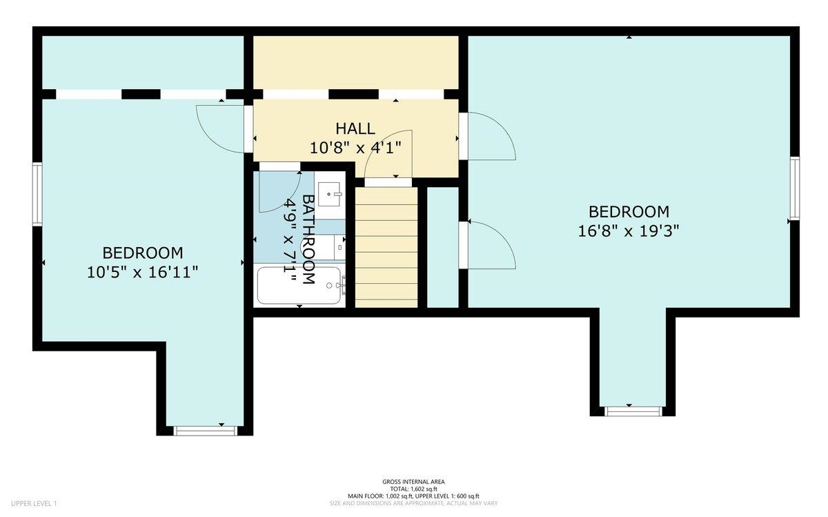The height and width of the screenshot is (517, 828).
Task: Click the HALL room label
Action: tap(355, 128)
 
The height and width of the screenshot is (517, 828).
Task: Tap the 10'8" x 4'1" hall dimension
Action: tap(355, 148)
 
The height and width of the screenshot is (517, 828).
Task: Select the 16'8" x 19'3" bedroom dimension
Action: tap(629, 231)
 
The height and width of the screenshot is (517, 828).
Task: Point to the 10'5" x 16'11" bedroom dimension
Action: tap(143, 273)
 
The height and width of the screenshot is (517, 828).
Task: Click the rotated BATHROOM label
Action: tap(308, 240)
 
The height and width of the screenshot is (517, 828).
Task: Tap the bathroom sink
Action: tap(330, 195)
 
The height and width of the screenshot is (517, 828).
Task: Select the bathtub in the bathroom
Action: tap(299, 285)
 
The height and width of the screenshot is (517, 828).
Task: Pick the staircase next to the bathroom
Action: tap(386, 247)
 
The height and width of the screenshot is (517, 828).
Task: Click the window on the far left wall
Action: tap(37, 195)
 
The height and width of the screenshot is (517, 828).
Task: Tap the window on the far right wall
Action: tap(795, 188)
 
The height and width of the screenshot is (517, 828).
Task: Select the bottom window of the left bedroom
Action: tap(205, 431)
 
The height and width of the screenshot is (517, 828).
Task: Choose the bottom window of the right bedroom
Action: tap(633, 411)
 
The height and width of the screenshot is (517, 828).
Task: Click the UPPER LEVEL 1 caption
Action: tap(34, 503)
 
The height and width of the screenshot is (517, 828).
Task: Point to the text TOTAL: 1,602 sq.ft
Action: tap(413, 489)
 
